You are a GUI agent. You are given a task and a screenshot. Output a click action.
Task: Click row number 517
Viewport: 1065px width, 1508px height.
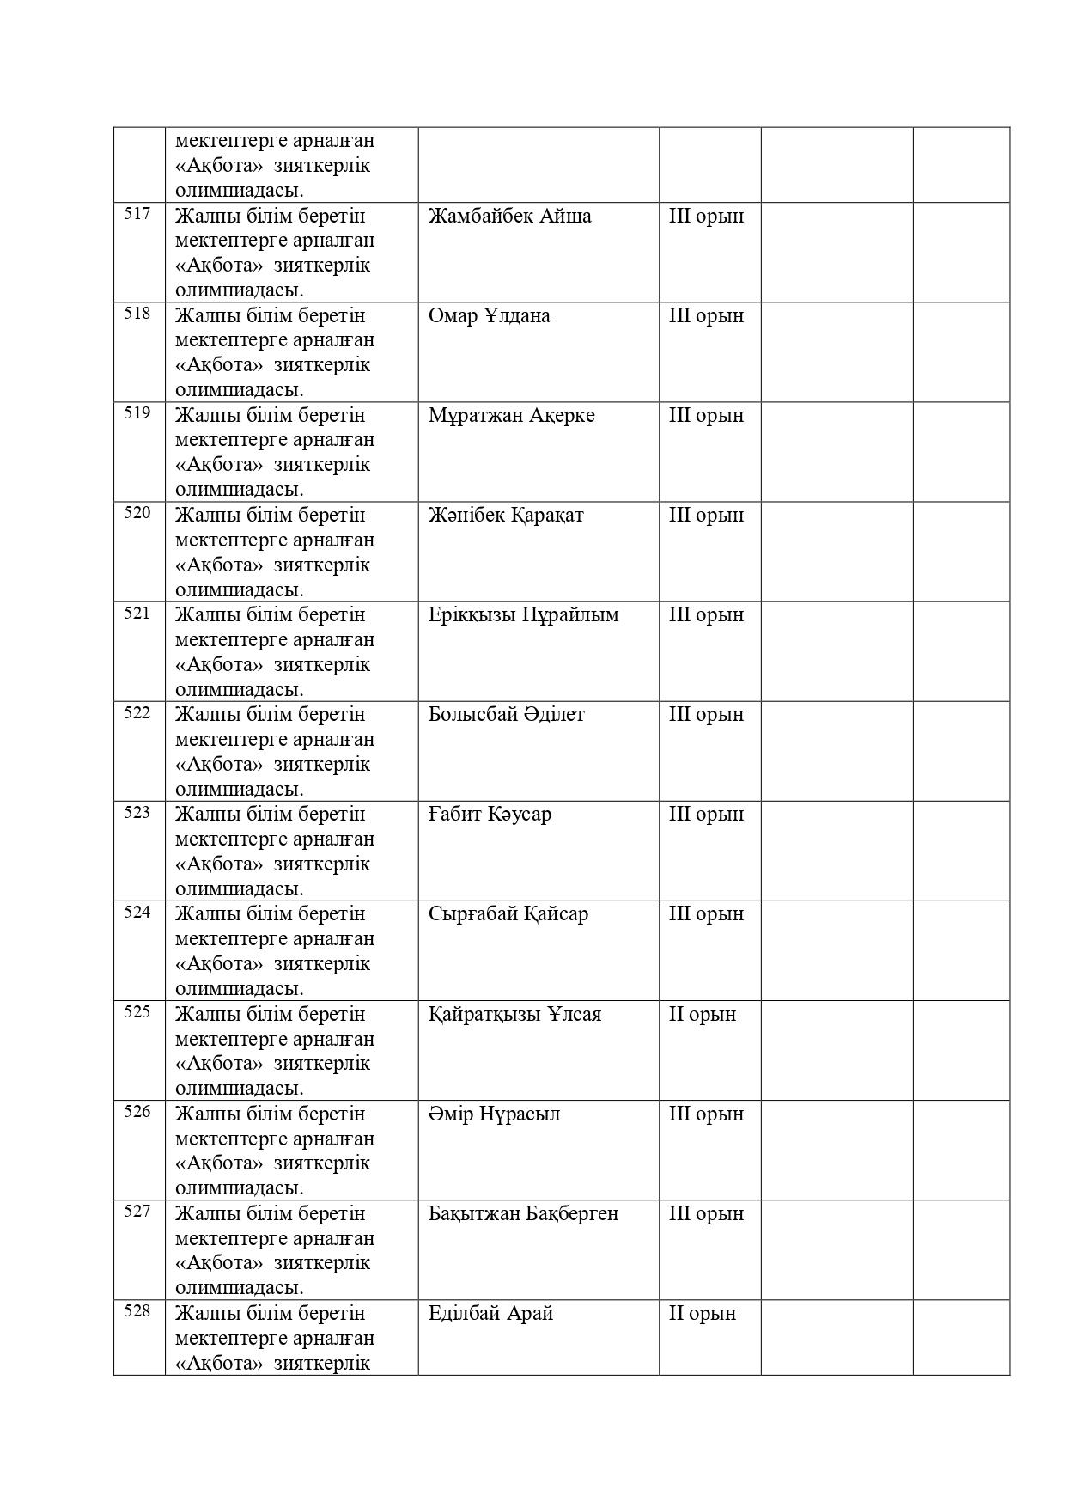click(x=137, y=214)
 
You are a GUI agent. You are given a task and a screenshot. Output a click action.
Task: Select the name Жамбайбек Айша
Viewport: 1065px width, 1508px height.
click(x=509, y=216)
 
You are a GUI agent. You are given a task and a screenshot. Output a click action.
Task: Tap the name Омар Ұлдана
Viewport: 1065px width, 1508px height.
click(x=489, y=315)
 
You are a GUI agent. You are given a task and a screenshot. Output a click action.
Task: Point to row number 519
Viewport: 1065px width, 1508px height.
click(x=137, y=413)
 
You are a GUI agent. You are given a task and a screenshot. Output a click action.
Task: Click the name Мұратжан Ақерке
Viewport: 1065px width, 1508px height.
click(x=511, y=416)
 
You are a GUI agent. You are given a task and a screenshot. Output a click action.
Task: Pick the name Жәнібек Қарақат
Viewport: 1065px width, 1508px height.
click(x=506, y=516)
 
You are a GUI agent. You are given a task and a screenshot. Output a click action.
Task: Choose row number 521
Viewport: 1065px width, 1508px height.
click(x=137, y=614)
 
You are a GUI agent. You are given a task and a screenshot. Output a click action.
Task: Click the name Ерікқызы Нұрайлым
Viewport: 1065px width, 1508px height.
click(x=523, y=615)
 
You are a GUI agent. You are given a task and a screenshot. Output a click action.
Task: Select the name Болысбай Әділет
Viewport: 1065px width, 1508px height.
click(x=506, y=715)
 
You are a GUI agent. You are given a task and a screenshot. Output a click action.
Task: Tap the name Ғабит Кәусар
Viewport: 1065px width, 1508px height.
click(x=490, y=814)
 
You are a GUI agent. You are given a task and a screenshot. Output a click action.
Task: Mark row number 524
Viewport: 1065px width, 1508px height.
click(x=137, y=913)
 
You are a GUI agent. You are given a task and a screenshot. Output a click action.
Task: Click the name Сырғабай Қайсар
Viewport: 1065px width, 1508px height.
click(x=508, y=913)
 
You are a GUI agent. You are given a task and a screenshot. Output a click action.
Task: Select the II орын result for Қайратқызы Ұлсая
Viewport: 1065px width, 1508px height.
click(x=702, y=1014)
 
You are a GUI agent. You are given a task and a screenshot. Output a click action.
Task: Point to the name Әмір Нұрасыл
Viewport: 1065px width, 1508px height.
click(x=494, y=1114)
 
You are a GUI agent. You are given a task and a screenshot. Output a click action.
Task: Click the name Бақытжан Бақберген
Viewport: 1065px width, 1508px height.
click(x=523, y=1213)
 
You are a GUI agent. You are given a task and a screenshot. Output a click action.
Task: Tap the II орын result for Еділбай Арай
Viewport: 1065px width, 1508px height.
click(x=702, y=1313)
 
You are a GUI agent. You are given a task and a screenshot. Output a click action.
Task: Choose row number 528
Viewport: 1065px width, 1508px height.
click(x=137, y=1311)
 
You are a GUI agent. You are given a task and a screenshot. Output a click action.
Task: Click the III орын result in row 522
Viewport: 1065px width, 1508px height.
click(x=706, y=715)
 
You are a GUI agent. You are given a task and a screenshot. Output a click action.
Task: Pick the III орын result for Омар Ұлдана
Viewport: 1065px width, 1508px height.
click(x=706, y=315)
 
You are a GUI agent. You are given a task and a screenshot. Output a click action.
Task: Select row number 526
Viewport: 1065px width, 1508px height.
click(x=137, y=1112)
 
